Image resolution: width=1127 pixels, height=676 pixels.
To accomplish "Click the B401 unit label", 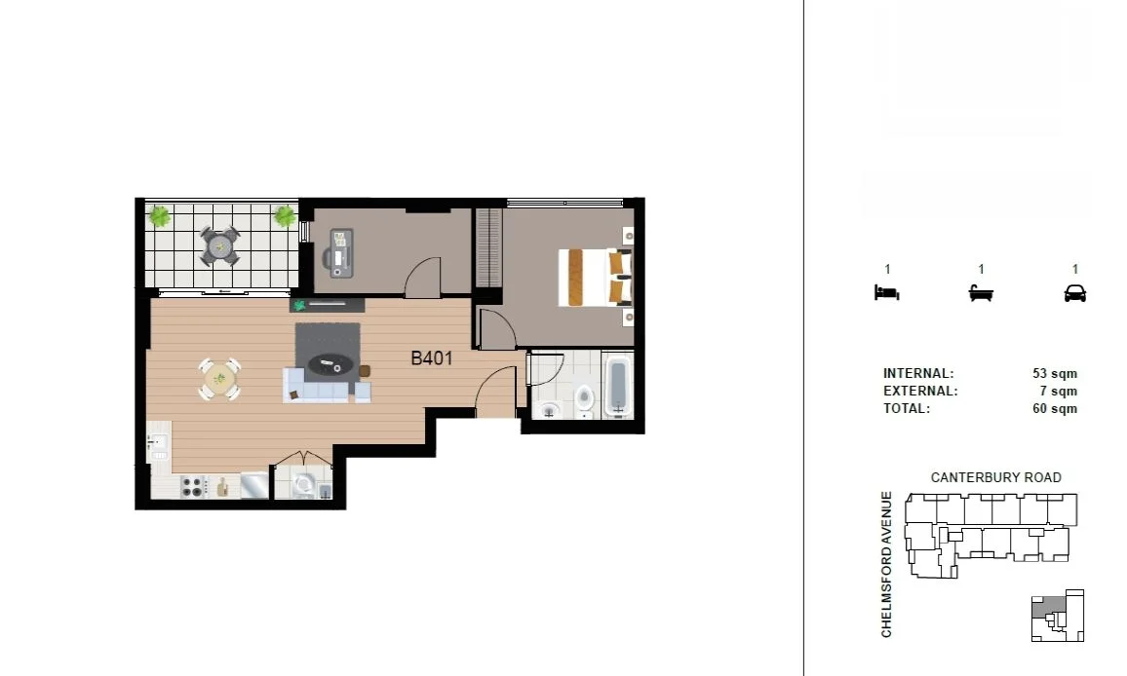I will (x=431, y=358).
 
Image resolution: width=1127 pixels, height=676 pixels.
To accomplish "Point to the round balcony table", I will (x=220, y=245).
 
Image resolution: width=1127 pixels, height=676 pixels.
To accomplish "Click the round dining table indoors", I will (x=220, y=378).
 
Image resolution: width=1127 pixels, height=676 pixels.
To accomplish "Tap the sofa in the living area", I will (x=327, y=387).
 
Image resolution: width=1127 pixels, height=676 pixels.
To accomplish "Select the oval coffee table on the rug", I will (x=330, y=365).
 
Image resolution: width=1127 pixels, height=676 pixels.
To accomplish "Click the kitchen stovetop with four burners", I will (x=192, y=485).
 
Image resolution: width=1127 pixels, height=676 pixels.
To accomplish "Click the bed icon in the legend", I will (x=886, y=292).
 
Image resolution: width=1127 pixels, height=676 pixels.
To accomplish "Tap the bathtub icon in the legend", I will (x=981, y=292).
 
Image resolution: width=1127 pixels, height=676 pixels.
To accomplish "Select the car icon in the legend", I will (x=1075, y=292).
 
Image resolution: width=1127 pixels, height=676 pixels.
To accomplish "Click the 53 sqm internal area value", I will (x=1055, y=374).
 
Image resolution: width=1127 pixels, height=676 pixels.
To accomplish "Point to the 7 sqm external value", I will (x=1062, y=392).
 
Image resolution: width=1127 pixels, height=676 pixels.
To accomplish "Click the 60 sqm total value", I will (x=1055, y=409).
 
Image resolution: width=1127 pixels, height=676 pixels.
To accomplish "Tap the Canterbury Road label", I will (x=995, y=477).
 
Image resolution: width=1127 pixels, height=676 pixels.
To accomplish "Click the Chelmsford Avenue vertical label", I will (x=887, y=564).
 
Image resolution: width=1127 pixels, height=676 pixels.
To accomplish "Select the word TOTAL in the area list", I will (x=907, y=409).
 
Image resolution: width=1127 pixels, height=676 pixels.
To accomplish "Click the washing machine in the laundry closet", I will (x=304, y=484).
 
